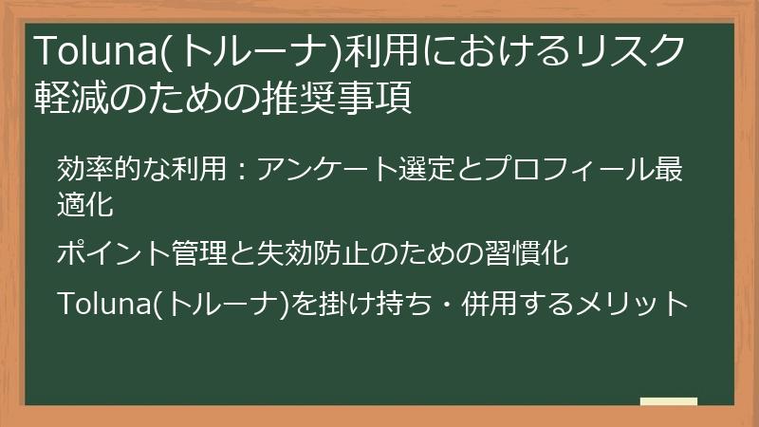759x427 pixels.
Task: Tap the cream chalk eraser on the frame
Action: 668,402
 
